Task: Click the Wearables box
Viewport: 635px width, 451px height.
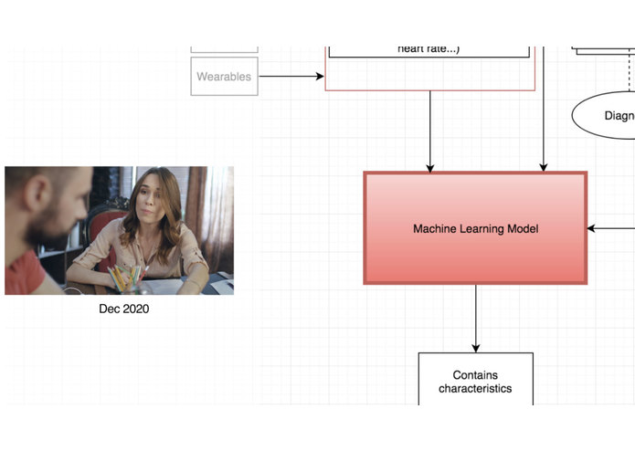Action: click(224, 77)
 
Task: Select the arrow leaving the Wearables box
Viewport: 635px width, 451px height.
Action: click(291, 77)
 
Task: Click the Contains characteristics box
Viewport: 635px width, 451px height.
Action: click(475, 379)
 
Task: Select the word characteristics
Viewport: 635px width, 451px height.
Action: click(475, 389)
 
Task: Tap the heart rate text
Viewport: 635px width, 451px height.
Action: click(429, 47)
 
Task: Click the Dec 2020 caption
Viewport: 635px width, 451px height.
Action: click(123, 309)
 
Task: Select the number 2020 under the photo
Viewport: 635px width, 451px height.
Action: click(135, 309)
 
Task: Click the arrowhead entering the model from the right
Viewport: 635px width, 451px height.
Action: click(592, 228)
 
